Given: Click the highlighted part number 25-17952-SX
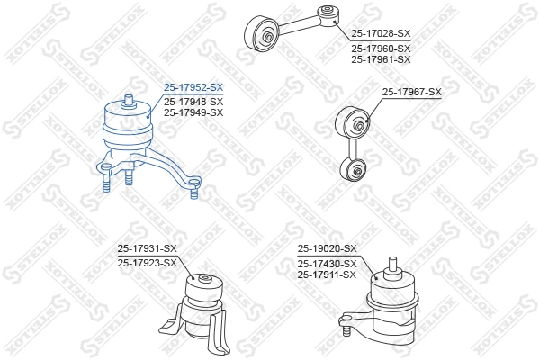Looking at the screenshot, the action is [193, 87].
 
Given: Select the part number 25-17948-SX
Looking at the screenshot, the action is [193, 101].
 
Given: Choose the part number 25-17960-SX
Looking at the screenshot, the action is [381, 48].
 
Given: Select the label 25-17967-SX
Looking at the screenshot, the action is [412, 92].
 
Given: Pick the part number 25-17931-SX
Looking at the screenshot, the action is [148, 249].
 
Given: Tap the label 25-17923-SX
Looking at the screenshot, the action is [148, 263].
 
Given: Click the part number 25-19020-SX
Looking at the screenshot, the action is [328, 248].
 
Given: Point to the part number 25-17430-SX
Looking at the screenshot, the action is [328, 263].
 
